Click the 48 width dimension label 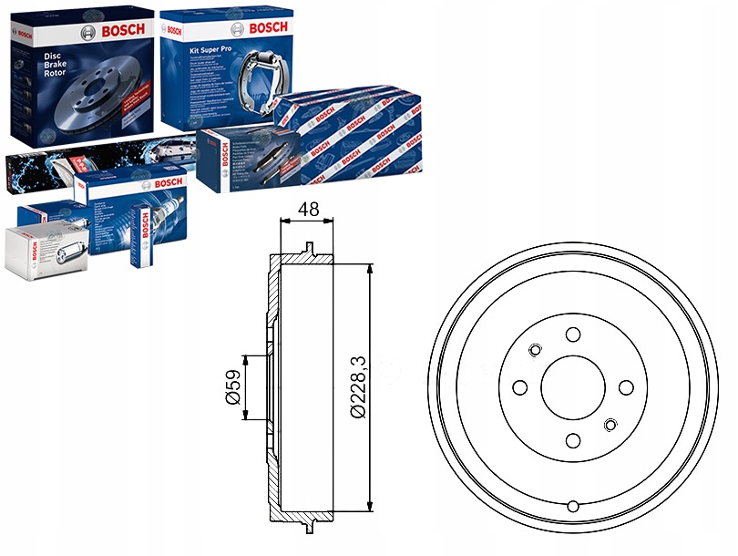[308, 209]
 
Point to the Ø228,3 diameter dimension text [357, 386]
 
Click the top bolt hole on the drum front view [573, 335]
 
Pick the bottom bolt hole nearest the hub [573, 441]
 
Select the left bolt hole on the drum [520, 387]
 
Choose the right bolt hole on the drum [627, 387]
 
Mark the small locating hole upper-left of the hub [535, 350]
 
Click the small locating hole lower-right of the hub [611, 425]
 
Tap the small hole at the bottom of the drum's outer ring [573, 506]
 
